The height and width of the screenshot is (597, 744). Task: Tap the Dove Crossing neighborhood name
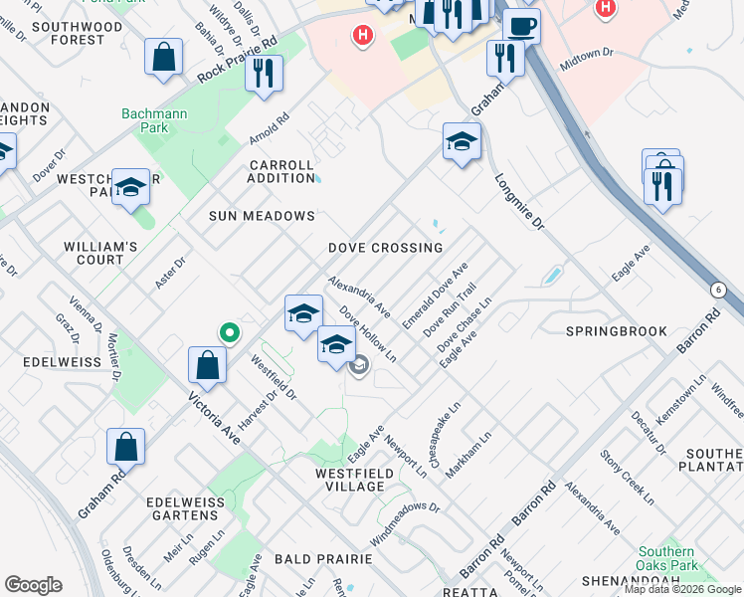pyautogui.click(x=385, y=248)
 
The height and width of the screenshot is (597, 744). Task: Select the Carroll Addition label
pyautogui.click(x=281, y=171)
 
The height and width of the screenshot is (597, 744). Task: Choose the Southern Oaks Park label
pyautogui.click(x=666, y=559)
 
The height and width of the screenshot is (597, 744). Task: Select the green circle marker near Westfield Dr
pyautogui.click(x=229, y=332)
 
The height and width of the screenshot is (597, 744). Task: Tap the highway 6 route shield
pyautogui.click(x=717, y=289)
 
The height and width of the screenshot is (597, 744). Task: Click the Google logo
pyautogui.click(x=33, y=585)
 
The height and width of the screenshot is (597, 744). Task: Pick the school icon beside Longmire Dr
pyautogui.click(x=462, y=143)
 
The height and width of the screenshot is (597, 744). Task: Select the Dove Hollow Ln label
pyautogui.click(x=368, y=333)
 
